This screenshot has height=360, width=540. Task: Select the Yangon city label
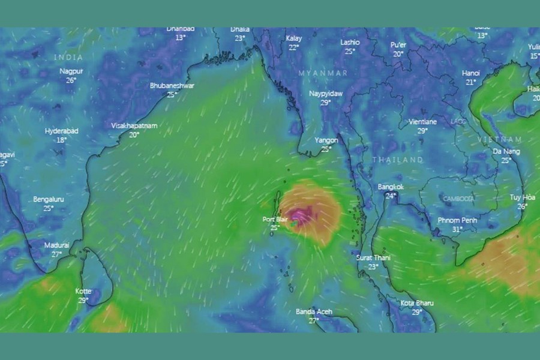326,140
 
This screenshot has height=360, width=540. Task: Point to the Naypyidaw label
326,94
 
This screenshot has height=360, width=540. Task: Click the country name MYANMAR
323,73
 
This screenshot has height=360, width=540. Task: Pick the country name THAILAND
398,160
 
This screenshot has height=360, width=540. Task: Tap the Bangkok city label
391,187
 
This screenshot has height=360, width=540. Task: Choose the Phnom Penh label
457,220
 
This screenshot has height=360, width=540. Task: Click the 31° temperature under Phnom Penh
457,229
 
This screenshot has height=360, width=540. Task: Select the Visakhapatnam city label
134,126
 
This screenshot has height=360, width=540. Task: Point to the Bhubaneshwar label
172,86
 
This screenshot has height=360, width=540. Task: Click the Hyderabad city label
61,131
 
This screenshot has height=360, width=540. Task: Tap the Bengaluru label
49,199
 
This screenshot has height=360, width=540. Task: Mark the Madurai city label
56,245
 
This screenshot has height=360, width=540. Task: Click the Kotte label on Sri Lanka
83,291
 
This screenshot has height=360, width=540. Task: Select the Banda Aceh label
314,312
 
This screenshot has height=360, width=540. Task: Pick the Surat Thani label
373,258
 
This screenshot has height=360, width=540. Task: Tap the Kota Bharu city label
417,303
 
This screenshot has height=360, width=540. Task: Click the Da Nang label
506,152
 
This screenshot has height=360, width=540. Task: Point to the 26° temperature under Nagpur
71,80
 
